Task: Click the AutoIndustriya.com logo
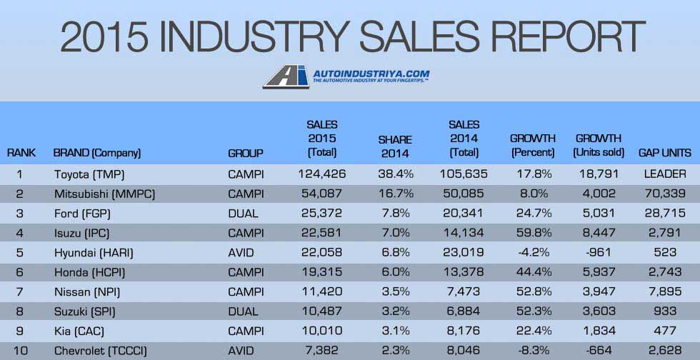coord(346,76)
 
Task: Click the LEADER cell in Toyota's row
coord(664,174)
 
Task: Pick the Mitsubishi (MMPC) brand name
coord(104,194)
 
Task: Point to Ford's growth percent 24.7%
coord(532,214)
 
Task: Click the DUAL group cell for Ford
coord(244,214)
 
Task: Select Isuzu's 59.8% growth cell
coord(532,233)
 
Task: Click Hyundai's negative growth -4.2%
coord(532,253)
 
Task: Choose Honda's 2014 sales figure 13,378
coord(464,272)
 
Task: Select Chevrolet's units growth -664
coord(599,351)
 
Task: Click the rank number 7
coord(20,292)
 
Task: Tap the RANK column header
coord(21,153)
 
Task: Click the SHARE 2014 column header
coord(394,146)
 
